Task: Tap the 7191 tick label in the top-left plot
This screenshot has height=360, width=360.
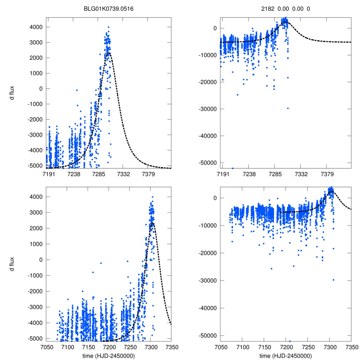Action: (x=49, y=174)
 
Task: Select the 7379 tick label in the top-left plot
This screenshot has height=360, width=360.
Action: (x=148, y=174)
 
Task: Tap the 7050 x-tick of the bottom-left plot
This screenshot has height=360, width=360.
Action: (x=47, y=347)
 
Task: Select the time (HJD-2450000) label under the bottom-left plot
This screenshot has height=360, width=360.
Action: (x=109, y=355)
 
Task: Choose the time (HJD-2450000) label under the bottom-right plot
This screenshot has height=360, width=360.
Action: (x=285, y=355)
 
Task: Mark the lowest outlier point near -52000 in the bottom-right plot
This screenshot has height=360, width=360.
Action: (x=290, y=341)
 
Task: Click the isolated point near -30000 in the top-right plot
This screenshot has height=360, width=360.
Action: (x=288, y=108)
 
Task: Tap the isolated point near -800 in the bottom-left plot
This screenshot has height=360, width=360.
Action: (x=93, y=272)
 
